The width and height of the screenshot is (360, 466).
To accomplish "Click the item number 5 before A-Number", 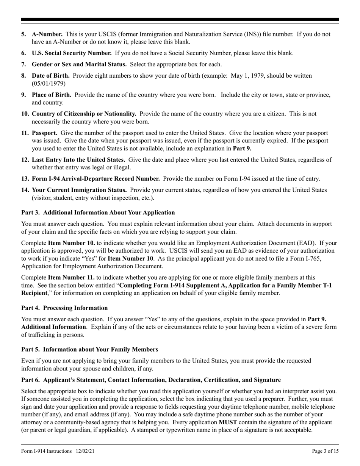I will click(24, 34).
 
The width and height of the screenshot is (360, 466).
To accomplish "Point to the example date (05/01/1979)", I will click(49, 83).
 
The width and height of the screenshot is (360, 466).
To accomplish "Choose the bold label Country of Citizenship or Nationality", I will click(84, 114).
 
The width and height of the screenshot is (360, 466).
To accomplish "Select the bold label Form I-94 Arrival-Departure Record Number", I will click(95, 178).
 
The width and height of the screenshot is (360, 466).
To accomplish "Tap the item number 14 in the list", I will click(25, 190).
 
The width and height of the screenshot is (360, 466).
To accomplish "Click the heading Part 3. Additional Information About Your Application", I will click(98, 213).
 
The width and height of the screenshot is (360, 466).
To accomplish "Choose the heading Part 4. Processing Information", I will click(64, 308).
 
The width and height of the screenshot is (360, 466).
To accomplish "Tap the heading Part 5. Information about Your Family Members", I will click(89, 349).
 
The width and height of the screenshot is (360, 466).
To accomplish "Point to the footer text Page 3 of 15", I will click(325, 451).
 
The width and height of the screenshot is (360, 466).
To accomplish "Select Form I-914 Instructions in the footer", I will click(46, 451).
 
